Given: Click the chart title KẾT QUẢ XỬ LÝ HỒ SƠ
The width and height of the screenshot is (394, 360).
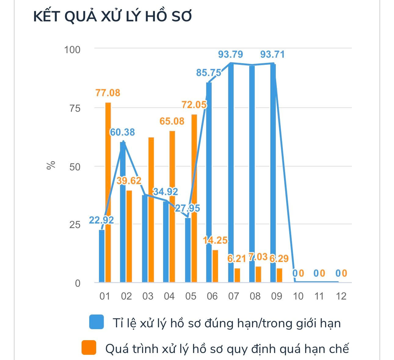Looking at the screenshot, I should (112, 17).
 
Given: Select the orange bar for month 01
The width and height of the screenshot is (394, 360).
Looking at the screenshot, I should (108, 192).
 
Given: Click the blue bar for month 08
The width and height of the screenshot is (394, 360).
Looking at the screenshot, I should (252, 174).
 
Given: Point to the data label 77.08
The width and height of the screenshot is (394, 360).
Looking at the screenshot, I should (108, 93).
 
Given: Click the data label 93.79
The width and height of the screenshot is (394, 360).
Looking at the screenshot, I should (231, 54).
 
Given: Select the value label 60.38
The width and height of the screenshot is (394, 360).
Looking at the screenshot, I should (122, 132).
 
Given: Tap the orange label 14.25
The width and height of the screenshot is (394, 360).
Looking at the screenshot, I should (215, 240).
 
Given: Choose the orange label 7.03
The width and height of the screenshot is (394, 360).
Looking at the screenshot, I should (258, 257).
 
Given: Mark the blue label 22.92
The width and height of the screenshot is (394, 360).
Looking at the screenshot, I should (101, 220).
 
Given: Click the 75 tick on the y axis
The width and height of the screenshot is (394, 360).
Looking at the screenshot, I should (75, 108).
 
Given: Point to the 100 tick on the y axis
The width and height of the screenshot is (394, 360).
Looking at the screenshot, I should (72, 49).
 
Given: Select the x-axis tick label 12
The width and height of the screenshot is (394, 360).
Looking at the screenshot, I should (341, 296).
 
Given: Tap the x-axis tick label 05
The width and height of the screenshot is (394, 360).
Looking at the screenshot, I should (191, 296).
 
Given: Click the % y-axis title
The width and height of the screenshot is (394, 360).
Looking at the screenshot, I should (51, 165).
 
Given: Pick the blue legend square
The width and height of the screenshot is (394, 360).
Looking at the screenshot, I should (96, 322).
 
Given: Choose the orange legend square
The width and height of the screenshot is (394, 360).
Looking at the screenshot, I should (89, 347).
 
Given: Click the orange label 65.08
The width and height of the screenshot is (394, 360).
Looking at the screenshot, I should (172, 121).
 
